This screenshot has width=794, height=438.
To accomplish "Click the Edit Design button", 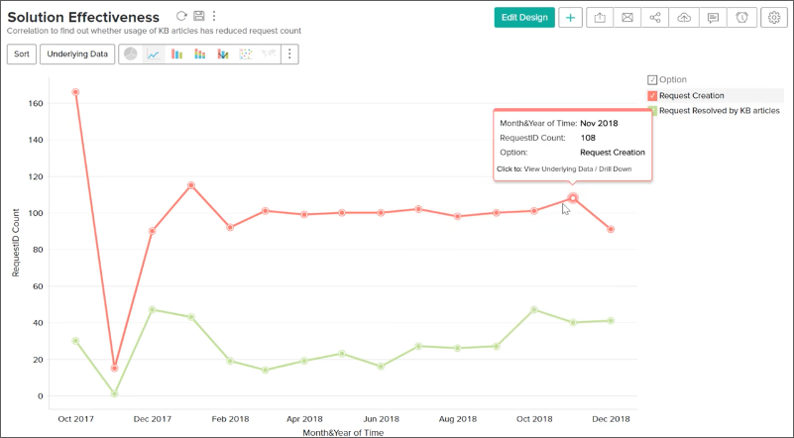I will click(524, 17).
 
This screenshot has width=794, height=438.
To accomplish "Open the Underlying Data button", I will click(78, 54).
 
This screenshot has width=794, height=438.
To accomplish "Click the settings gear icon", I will click(774, 17).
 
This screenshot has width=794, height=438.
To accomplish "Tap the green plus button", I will click(570, 17).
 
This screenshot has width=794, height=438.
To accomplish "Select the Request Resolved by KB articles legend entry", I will click(718, 111).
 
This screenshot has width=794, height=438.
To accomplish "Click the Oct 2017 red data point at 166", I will click(75, 92).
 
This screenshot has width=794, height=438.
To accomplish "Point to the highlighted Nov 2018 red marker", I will click(572, 198).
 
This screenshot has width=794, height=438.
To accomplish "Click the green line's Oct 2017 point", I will click(75, 341).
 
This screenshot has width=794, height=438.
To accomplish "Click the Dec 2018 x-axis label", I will click(611, 418).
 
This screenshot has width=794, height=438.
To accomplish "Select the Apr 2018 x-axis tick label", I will click(304, 418).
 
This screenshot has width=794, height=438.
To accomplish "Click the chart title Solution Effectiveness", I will click(83, 18).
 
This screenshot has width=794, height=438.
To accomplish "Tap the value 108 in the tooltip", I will click(588, 138).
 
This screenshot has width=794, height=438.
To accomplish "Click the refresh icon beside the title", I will click(180, 16).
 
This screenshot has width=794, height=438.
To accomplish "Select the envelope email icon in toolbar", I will click(626, 17).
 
